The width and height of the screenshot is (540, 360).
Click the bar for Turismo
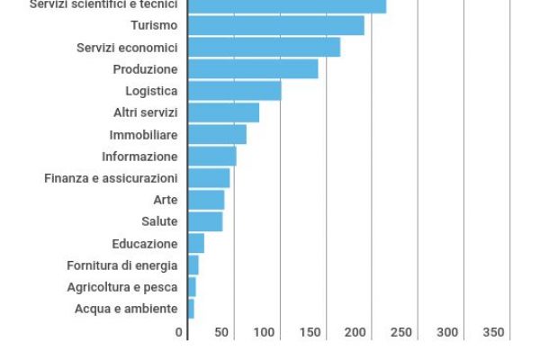click(275, 25)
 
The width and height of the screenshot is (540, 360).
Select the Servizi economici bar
click(264, 47)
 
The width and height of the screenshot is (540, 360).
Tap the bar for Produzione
click(253, 69)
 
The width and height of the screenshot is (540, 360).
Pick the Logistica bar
click(234, 91)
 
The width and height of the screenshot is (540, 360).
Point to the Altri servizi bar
click(223, 112)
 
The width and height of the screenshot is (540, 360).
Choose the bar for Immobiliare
click(217, 134)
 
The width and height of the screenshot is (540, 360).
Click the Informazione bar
click(211, 157)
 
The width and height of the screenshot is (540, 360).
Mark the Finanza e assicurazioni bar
click(209, 178)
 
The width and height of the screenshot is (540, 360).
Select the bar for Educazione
click(196, 243)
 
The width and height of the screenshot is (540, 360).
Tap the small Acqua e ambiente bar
click(191, 309)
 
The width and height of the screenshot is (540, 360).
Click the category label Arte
click(166, 200)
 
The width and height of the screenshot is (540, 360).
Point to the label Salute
click(159, 221)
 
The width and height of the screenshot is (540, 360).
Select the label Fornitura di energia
click(121, 265)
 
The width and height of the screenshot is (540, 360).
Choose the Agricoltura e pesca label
click(121, 287)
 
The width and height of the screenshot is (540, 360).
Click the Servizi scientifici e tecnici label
click(103, 4)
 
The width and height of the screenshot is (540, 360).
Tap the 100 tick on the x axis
click(265, 333)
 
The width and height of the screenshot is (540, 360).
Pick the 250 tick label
click(402, 333)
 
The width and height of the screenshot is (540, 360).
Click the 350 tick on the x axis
click(493, 333)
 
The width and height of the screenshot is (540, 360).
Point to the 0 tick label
click(179, 333)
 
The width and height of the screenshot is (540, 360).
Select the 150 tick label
click(310, 333)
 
